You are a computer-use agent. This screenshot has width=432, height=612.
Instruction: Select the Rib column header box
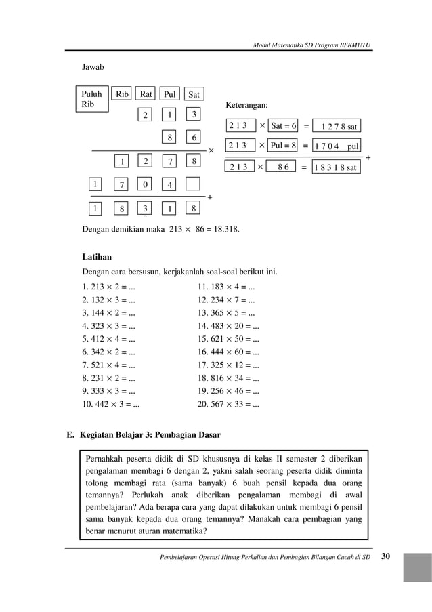[122, 94]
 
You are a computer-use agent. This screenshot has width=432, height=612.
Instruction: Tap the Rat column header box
[146, 94]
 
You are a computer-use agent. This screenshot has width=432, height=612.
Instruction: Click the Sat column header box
[194, 94]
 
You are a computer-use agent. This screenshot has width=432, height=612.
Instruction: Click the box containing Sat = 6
[284, 125]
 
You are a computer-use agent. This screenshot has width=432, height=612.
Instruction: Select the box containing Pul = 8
[284, 146]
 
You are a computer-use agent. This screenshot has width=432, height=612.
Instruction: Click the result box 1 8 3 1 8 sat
[336, 167]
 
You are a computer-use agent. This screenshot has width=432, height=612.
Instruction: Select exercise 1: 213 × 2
[108, 286]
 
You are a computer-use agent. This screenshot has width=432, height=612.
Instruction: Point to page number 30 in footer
[386, 556]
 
